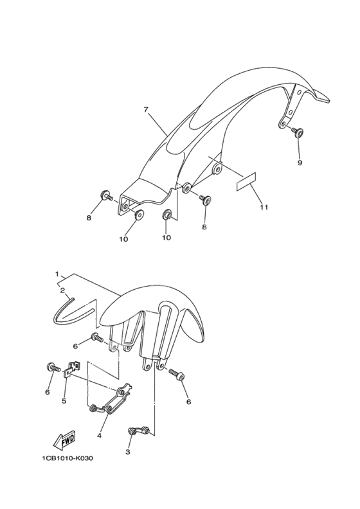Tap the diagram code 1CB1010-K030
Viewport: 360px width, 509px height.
pos(67,458)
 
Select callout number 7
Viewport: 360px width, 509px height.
pos(146,110)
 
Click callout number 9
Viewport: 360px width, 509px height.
pos(300,163)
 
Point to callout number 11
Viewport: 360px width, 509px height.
pos(264,207)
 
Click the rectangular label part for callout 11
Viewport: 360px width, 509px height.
pos(246,181)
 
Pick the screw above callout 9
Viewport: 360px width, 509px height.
pos(298,132)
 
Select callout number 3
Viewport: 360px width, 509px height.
pos(127,452)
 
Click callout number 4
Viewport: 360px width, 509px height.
pos(99,435)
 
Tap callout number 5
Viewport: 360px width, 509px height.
pos(64,401)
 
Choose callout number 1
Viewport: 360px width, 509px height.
pos(57,274)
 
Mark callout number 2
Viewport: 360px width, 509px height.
pos(62,290)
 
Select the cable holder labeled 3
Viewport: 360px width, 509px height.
pos(139,430)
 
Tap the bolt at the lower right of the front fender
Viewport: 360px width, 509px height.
pos(177,374)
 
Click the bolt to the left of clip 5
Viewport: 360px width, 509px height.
pos(54,368)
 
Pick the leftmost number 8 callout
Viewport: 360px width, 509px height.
pos(89,218)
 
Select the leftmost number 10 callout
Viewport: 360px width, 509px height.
pos(123,239)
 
